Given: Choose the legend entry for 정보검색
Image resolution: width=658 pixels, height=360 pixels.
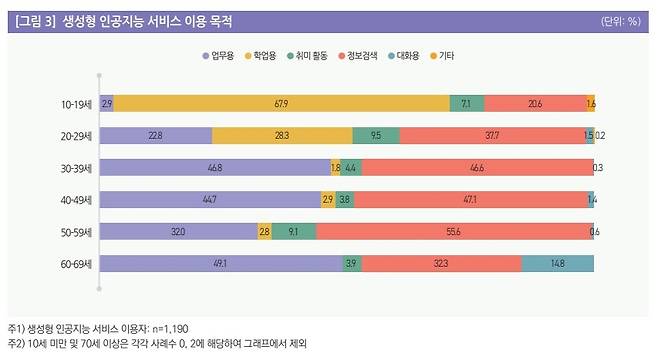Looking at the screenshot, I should [x=358, y=56].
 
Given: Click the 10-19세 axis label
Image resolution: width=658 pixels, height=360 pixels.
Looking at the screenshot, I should [x=74, y=104].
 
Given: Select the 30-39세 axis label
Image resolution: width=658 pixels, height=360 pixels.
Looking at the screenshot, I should [x=74, y=168].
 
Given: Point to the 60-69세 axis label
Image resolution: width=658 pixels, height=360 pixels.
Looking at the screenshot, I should [x=74, y=264].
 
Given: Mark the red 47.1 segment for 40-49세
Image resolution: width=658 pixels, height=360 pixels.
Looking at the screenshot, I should [x=470, y=200].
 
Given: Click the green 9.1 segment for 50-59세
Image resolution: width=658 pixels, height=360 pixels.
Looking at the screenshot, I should [x=293, y=232].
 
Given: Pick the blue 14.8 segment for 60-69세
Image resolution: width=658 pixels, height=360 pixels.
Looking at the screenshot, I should [x=557, y=264].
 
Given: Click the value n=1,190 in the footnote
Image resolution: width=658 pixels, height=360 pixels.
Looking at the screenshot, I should [x=165, y=328].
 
